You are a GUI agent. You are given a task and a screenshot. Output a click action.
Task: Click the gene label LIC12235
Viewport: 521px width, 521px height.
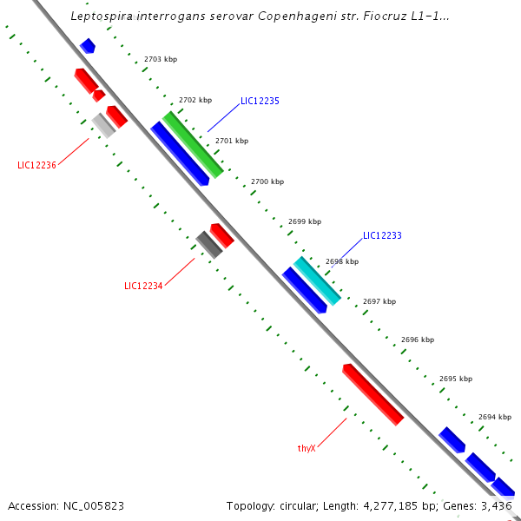point(260,101)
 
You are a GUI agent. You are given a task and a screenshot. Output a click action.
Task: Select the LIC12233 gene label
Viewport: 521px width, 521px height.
point(382,235)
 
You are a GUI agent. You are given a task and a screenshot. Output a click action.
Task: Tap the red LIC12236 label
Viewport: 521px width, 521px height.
point(36,165)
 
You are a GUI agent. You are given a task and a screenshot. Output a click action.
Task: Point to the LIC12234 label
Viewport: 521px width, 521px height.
point(143,286)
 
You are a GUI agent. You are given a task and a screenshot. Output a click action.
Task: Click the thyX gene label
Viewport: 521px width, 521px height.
point(306,448)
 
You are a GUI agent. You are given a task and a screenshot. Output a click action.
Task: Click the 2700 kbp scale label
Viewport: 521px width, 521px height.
point(267,181)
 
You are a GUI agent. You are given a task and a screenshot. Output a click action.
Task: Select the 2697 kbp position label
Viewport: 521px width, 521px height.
point(379,301)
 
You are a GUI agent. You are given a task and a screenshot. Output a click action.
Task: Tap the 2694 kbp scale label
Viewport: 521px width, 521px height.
point(494,417)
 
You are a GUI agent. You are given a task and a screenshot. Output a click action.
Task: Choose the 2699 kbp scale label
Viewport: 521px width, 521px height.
point(305,221)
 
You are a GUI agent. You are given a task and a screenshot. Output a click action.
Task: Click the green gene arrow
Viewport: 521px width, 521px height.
point(193,144)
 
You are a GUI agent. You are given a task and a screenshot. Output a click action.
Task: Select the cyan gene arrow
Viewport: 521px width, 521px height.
point(316,279)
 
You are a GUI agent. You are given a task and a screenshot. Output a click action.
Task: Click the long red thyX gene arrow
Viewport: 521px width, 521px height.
point(373,394)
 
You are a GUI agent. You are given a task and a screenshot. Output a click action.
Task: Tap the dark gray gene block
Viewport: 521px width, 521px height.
point(208,244)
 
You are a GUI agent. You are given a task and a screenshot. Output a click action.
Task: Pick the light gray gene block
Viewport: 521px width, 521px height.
point(104,125)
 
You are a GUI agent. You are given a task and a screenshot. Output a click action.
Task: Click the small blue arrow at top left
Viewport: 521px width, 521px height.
point(88,45)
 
